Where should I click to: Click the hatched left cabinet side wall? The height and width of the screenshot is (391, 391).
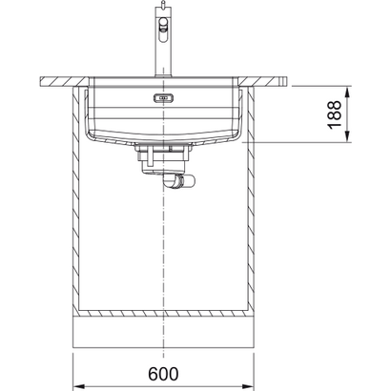77,200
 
